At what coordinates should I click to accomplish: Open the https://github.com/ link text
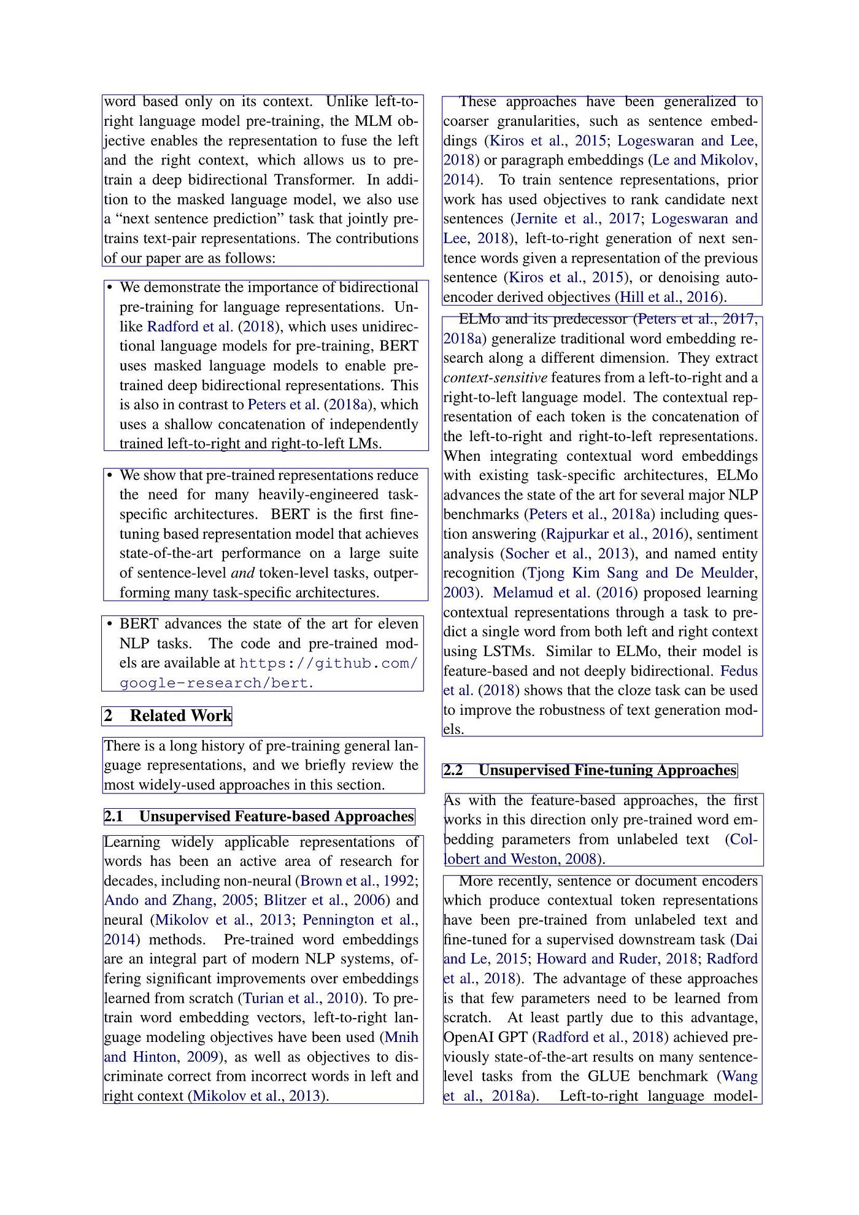click(328, 663)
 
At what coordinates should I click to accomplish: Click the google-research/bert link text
click(214, 683)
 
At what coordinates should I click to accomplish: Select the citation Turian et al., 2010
click(301, 998)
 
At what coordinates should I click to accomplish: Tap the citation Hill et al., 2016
click(669, 298)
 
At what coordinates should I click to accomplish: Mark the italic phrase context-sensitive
click(495, 378)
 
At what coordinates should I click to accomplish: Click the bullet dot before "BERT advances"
click(110, 625)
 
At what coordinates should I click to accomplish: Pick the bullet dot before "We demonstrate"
click(110, 288)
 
